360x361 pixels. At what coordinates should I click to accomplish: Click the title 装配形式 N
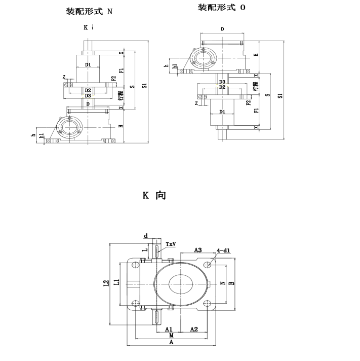tap(89, 12)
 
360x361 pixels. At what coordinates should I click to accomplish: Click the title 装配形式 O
tap(221, 8)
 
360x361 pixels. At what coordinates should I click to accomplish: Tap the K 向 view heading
tap(154, 195)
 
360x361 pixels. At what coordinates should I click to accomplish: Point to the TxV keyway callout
tap(171, 244)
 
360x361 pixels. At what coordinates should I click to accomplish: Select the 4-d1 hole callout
tap(223, 250)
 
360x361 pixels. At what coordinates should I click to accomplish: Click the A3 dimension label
tap(198, 250)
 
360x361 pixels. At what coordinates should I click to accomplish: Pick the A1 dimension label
tap(169, 329)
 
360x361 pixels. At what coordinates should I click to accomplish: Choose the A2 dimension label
tap(194, 329)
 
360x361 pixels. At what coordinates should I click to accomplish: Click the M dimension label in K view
tap(171, 335)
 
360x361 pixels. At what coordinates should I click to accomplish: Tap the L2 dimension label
tap(106, 283)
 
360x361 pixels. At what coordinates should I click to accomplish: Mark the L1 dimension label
tap(117, 282)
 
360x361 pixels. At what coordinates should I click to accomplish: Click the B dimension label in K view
tap(232, 283)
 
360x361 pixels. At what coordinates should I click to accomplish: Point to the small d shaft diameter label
tap(146, 236)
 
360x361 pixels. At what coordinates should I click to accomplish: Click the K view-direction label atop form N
tap(86, 27)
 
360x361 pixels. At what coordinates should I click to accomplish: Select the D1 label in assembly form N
tap(88, 65)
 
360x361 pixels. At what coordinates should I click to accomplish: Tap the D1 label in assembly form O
tap(222, 112)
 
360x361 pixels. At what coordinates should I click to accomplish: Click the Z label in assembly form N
tap(64, 77)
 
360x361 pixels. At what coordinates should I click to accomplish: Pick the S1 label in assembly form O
tap(280, 96)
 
